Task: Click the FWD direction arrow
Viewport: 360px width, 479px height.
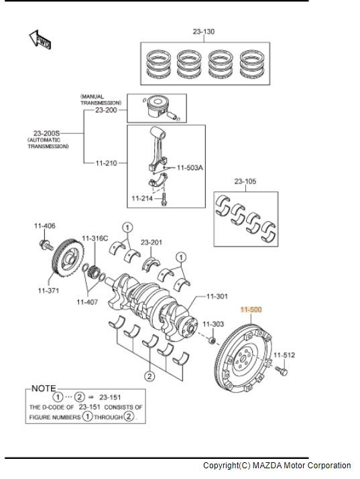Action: click(40, 40)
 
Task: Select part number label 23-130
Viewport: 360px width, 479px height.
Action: click(204, 31)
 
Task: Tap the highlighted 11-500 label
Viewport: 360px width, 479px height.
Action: click(251, 310)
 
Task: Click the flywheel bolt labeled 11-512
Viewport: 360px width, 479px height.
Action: click(282, 370)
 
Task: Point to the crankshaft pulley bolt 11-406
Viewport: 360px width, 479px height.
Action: click(46, 245)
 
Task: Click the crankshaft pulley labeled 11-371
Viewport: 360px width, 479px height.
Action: click(68, 258)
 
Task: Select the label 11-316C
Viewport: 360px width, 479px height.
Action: click(95, 238)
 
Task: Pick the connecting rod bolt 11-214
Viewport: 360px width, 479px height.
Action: click(164, 199)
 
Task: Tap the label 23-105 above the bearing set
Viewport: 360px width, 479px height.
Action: click(245, 181)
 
